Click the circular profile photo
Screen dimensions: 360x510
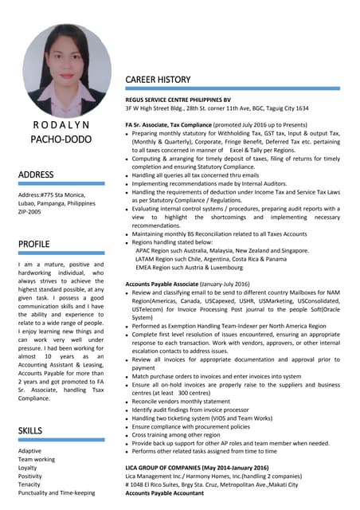(67, 71)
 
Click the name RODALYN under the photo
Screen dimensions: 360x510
(61, 125)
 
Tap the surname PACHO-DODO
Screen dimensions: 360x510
(61, 140)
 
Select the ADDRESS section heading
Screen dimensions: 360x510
(36, 175)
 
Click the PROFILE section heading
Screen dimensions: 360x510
(34, 243)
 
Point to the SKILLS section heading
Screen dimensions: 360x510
(32, 431)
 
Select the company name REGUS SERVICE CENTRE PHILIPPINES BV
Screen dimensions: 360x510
(187, 99)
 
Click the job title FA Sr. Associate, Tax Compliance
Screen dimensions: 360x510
(175, 125)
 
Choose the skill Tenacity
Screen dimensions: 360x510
(29, 485)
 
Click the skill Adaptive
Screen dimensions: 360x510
(30, 451)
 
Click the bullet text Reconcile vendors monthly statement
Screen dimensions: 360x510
(186, 402)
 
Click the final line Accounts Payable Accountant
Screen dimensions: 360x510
(165, 493)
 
